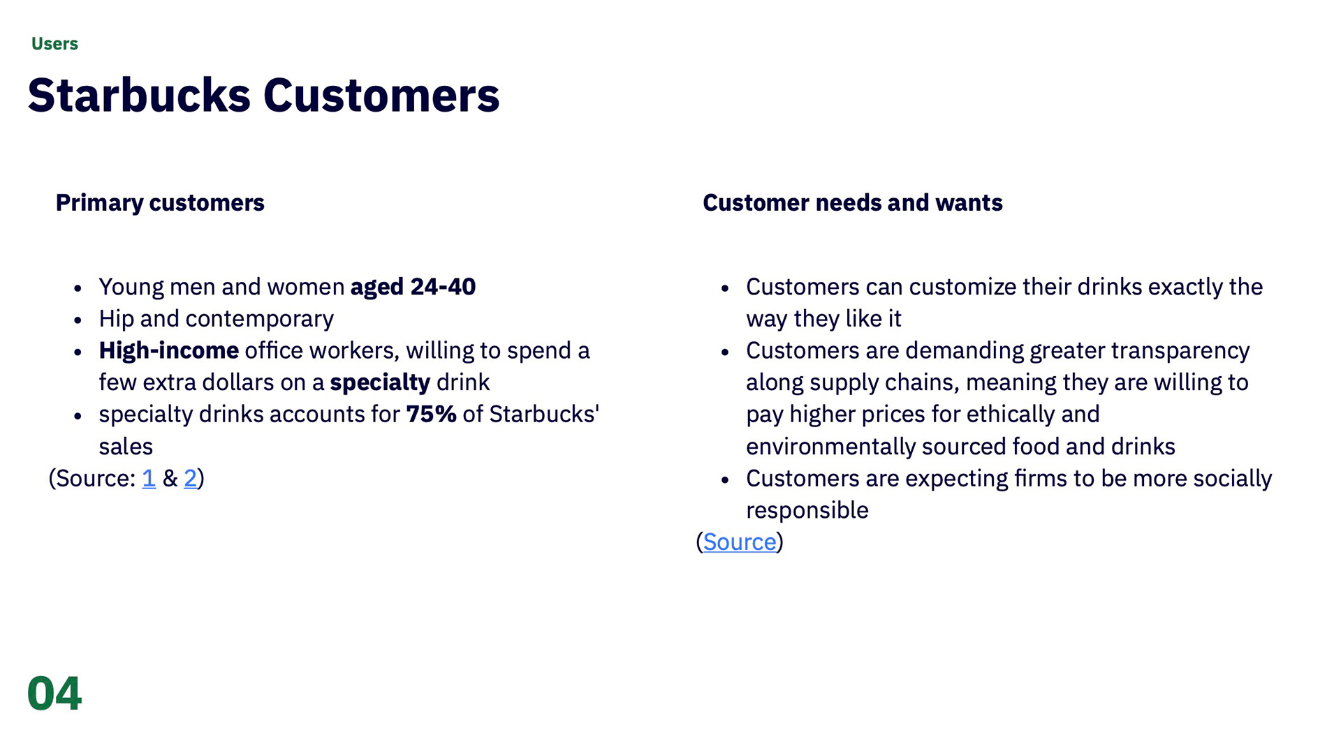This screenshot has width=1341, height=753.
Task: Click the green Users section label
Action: (54, 44)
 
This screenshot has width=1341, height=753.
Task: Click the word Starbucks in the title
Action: (139, 95)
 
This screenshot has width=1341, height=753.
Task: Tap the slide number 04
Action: (54, 694)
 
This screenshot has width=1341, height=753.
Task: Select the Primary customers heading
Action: (160, 202)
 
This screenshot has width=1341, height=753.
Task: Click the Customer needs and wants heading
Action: (853, 202)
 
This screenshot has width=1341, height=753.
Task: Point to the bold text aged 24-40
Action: (413, 287)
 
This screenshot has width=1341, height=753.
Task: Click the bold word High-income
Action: (169, 350)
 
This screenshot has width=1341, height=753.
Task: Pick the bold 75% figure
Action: (431, 414)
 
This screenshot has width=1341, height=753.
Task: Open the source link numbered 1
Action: (149, 478)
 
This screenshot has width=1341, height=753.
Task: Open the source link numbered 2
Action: (190, 478)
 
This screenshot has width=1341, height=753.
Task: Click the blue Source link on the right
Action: (740, 542)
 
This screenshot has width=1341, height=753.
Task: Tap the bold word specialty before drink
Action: (380, 382)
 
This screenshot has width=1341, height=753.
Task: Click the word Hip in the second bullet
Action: (116, 319)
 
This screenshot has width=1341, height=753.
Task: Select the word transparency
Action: (1180, 350)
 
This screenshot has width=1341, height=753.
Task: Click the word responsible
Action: (807, 510)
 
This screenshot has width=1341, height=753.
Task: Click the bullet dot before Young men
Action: (78, 288)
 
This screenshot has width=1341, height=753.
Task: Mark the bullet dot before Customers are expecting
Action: (725, 480)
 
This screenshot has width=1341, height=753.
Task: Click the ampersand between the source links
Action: (170, 478)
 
